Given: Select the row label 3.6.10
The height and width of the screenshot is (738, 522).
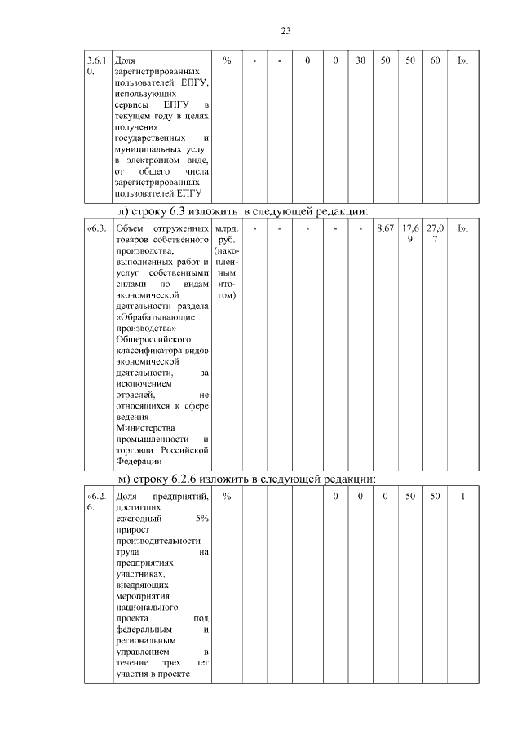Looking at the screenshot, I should [x=96, y=66].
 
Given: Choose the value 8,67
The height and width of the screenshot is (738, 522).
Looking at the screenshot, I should [x=385, y=229].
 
